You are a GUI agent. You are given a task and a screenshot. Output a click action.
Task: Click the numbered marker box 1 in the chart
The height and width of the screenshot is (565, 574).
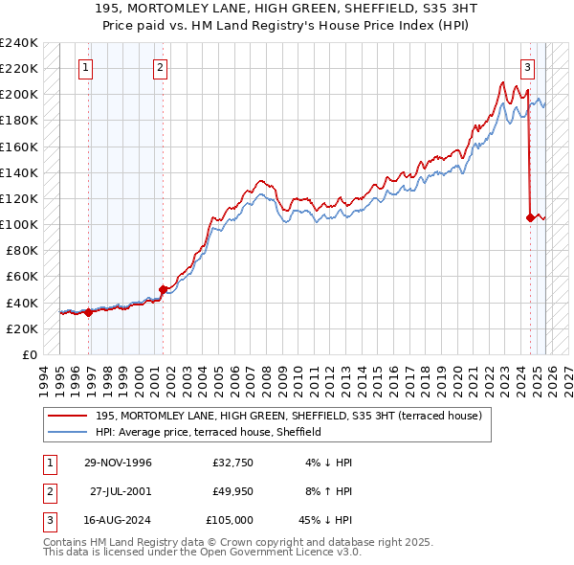point(86,67)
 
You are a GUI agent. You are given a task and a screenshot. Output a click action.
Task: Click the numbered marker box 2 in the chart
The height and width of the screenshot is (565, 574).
point(159,67)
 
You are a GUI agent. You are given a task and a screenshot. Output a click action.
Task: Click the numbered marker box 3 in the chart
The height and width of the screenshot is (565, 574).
point(527,67)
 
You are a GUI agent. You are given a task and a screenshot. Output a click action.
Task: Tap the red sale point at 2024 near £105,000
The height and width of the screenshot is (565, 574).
point(530,217)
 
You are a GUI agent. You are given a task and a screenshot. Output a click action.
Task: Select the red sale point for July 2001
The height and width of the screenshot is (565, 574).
point(163,288)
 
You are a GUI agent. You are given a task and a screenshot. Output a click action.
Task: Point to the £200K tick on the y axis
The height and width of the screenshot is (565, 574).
point(19,95)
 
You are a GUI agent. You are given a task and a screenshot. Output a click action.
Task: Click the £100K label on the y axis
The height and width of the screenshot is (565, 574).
point(19,224)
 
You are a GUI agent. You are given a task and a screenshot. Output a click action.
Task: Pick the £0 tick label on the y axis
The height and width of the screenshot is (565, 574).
point(29,354)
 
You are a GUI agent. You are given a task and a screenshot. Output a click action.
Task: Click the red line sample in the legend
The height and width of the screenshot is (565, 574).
point(68,415)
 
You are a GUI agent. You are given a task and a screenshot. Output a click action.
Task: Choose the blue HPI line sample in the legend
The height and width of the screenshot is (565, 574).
point(68,432)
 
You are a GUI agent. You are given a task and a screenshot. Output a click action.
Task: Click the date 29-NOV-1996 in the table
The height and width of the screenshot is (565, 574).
point(118,463)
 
